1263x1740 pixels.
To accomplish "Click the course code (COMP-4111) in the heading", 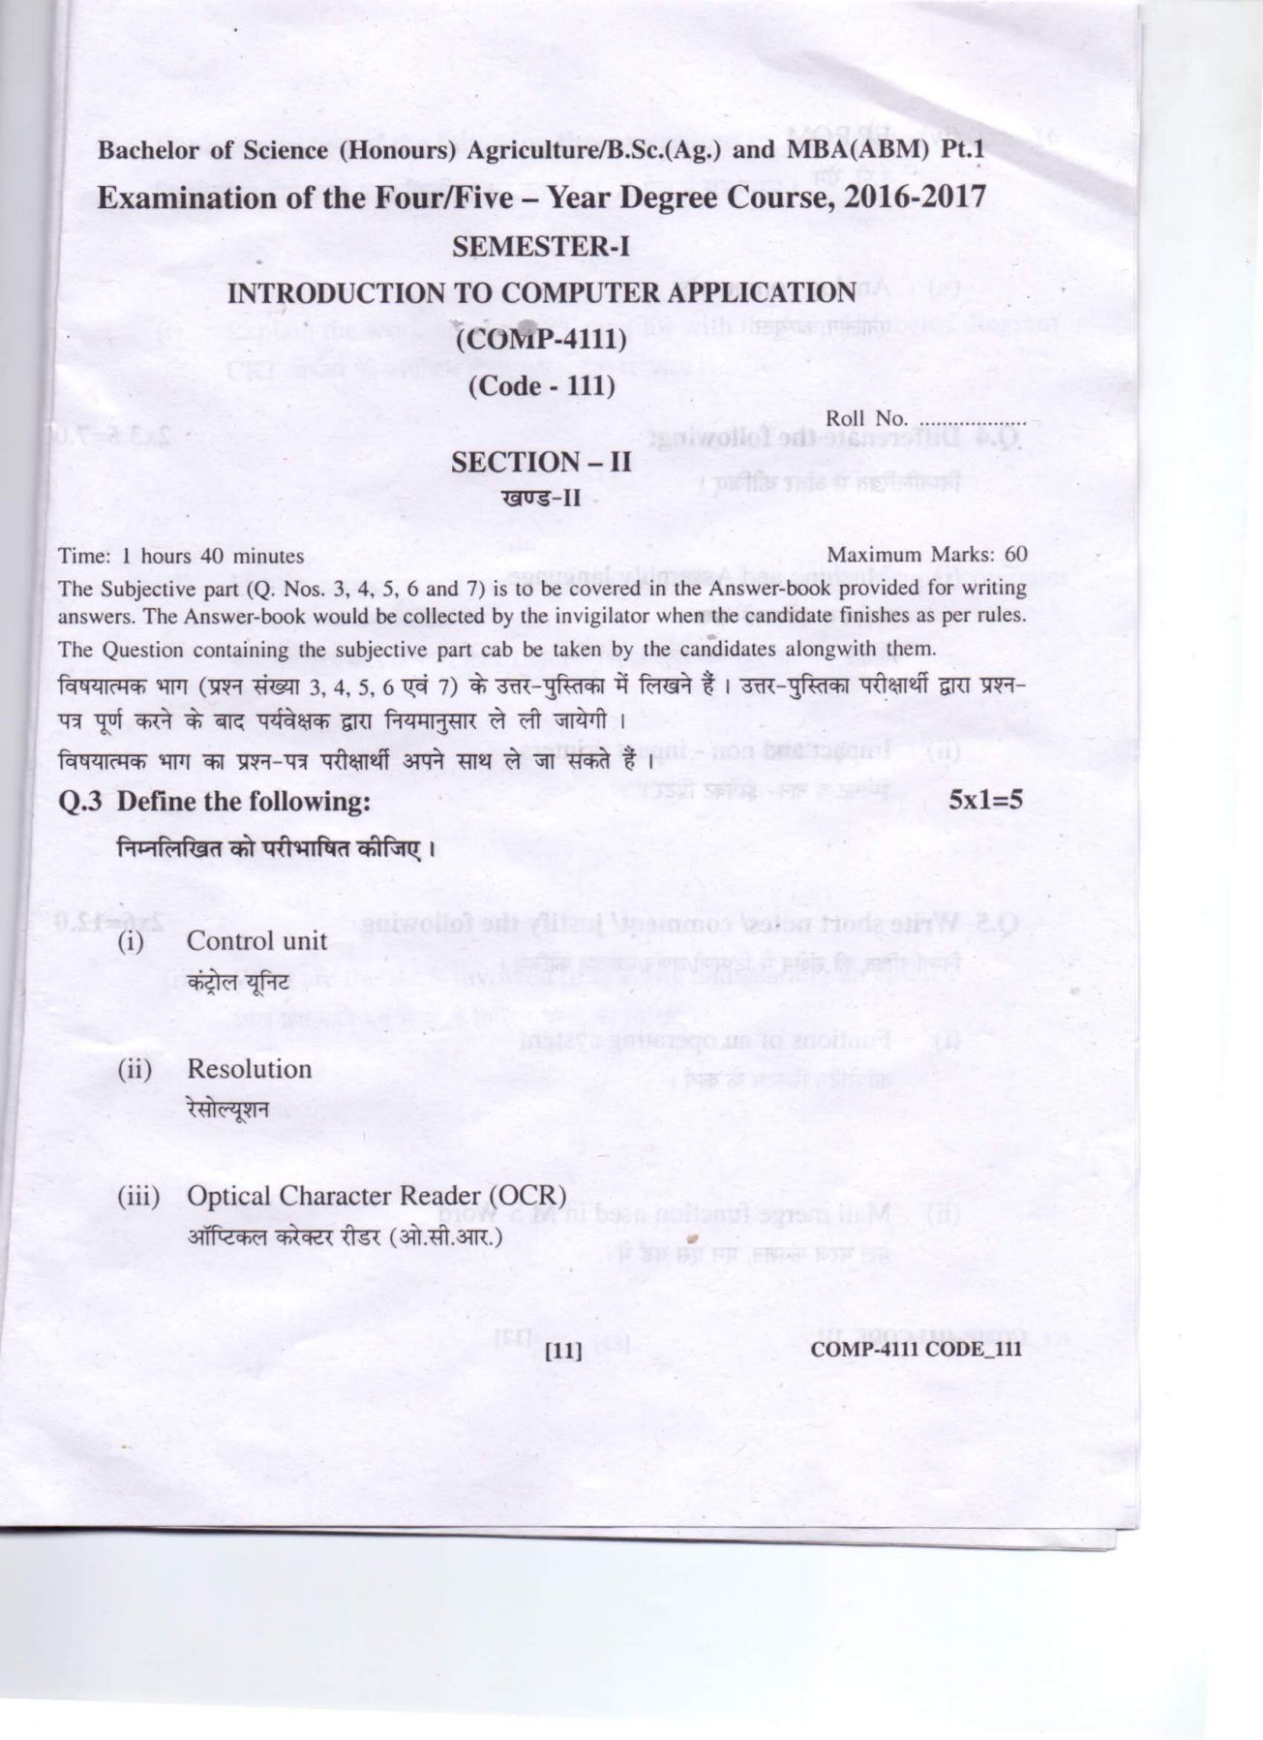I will click(542, 340).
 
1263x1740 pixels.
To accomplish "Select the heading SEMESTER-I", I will click(542, 247).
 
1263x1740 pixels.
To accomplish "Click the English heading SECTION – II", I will click(542, 462).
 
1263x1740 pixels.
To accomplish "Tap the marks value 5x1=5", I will click(986, 801).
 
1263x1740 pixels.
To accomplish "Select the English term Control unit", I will click(256, 941).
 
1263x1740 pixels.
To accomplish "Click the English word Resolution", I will click(249, 1069).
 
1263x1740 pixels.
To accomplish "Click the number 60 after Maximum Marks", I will click(1014, 556).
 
